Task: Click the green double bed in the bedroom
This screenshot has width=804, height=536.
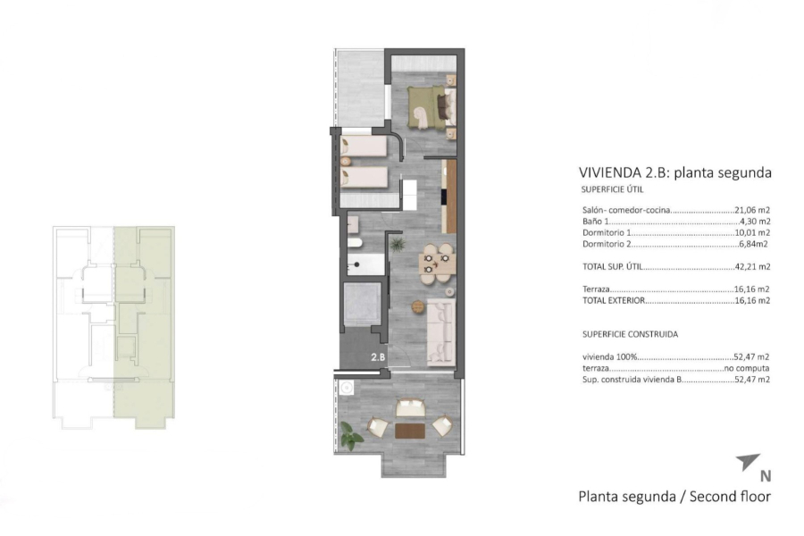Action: pyautogui.click(x=423, y=109)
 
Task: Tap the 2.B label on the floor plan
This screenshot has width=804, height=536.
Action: pyautogui.click(x=378, y=357)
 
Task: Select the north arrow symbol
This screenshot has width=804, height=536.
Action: pyautogui.click(x=748, y=461)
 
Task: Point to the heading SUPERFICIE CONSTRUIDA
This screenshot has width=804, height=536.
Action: pyautogui.click(x=629, y=334)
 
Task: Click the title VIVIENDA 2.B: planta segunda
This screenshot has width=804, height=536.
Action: pyautogui.click(x=674, y=172)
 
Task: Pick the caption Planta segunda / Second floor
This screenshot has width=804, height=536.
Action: pyautogui.click(x=674, y=496)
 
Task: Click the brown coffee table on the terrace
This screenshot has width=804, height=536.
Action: pyautogui.click(x=410, y=431)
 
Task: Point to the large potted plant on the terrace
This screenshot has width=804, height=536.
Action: pyautogui.click(x=352, y=438)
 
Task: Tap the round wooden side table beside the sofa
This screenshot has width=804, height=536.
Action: pyautogui.click(x=416, y=306)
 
